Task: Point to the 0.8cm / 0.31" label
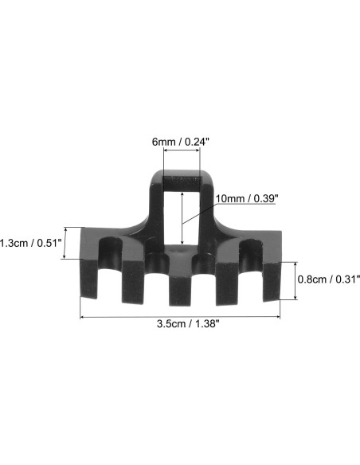click(x=328, y=279)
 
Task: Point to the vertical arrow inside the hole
click(x=182, y=219)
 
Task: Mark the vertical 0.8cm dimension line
click(x=296, y=279)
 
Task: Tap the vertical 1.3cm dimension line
click(x=79, y=243)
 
